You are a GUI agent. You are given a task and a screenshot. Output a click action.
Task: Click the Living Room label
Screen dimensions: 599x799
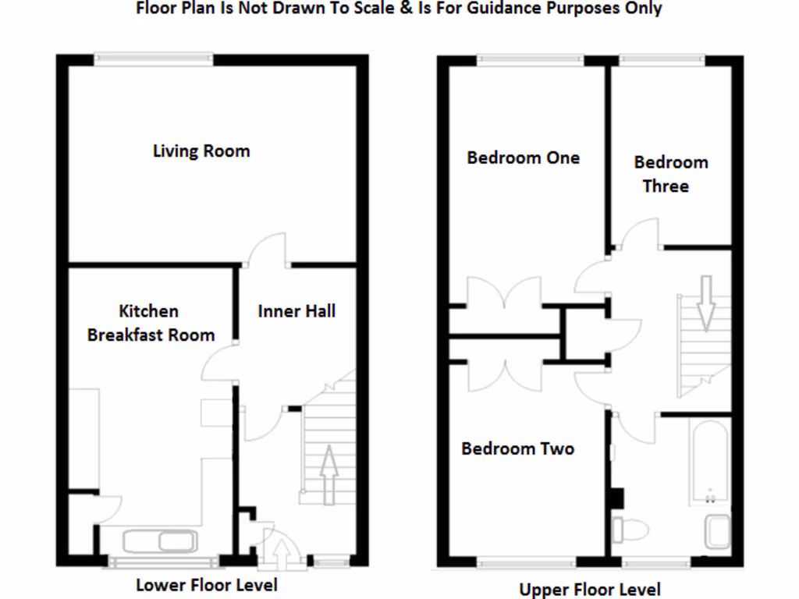[201, 151]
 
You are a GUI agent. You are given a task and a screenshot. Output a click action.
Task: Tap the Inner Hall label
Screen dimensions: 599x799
[297, 311]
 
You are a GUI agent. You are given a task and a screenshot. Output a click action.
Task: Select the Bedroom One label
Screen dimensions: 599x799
[523, 158]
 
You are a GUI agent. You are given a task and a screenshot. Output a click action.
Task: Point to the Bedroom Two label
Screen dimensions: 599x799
[517, 448]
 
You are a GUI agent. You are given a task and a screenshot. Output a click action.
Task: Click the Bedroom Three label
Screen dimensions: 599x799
[670, 174]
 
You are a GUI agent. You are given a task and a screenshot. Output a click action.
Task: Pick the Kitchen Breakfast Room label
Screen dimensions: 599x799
[151, 323]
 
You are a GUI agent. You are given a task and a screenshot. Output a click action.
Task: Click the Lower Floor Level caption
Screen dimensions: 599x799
[206, 584]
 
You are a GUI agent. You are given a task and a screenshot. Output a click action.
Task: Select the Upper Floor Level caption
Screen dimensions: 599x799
[590, 590]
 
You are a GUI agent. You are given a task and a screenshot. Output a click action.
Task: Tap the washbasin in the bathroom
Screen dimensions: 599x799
[717, 530]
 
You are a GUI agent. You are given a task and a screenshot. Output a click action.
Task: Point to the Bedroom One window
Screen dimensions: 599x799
[530, 57]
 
